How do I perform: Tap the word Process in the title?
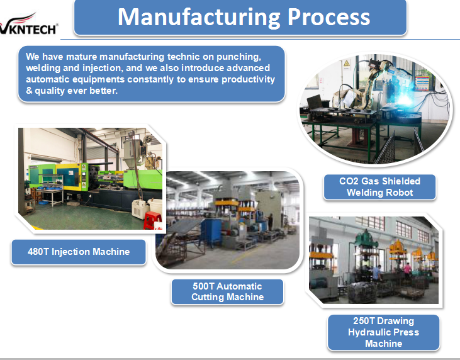point(328,17)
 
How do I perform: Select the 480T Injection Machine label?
point(79,252)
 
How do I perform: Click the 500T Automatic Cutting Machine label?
point(227,291)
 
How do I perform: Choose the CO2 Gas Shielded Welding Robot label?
point(379,187)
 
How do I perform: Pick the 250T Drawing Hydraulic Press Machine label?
point(383,332)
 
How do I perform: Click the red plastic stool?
point(152,220)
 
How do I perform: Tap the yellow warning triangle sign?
point(347,64)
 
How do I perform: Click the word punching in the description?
point(238,57)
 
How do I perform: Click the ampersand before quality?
point(29,91)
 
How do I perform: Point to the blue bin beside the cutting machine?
point(211,232)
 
